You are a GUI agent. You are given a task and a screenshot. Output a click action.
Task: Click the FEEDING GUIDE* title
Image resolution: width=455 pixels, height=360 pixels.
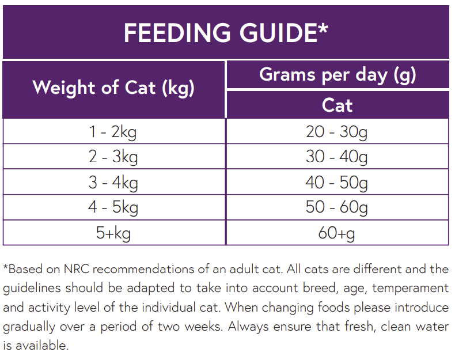click(x=226, y=32)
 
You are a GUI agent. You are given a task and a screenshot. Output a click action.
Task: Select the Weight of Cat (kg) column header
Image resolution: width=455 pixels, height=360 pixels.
click(x=113, y=88)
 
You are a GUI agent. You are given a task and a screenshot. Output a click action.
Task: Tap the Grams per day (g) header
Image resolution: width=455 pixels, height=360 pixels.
click(x=338, y=75)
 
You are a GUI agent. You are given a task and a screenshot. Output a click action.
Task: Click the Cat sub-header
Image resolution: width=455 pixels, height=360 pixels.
click(x=338, y=105)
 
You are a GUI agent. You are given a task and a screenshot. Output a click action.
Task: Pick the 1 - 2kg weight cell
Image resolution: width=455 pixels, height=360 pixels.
click(x=113, y=132)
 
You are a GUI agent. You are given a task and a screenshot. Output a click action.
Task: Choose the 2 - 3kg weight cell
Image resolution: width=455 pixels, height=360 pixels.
click(x=113, y=157)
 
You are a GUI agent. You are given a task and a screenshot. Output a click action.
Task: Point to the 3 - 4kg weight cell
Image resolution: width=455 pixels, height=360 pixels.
click(x=113, y=182)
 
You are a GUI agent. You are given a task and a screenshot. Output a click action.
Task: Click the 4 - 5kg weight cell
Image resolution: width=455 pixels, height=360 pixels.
click(x=113, y=207)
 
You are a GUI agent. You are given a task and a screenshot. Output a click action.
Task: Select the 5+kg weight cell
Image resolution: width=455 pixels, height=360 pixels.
click(x=113, y=233)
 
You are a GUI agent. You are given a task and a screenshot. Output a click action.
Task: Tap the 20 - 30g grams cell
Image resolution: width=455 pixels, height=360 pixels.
click(x=337, y=132)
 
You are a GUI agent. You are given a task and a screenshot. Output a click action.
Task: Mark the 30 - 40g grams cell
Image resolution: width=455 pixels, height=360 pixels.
click(x=337, y=157)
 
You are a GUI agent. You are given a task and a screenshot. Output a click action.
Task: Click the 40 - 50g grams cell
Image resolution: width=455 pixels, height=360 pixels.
click(x=337, y=182)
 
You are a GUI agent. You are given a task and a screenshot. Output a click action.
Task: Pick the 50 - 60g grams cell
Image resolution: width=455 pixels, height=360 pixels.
click(x=337, y=207)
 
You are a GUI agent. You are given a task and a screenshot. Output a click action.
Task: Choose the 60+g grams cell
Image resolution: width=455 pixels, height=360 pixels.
click(x=337, y=233)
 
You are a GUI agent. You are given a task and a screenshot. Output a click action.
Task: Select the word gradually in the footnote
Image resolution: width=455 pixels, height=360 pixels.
click(x=31, y=327)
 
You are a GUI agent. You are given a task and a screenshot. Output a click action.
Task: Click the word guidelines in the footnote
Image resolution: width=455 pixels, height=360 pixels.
click(x=32, y=288)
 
